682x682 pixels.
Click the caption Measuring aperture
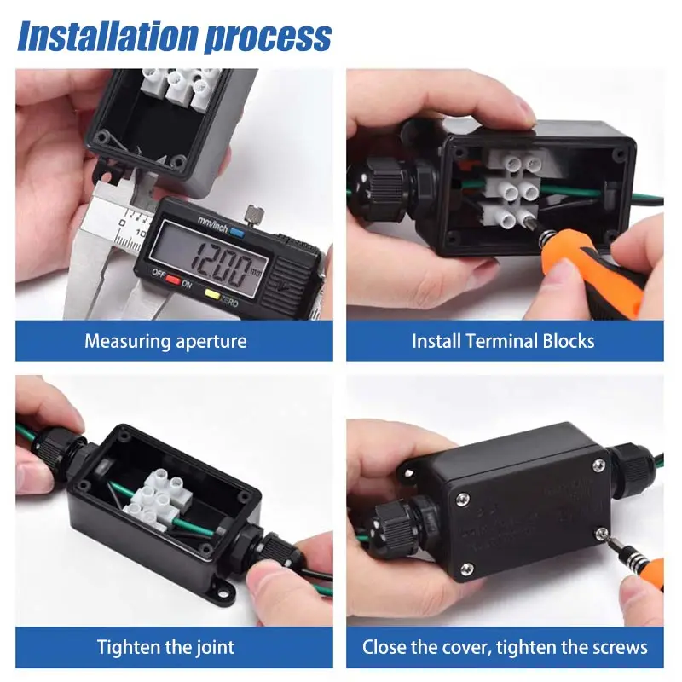point(165,342)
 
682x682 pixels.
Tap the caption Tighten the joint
point(165,647)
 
